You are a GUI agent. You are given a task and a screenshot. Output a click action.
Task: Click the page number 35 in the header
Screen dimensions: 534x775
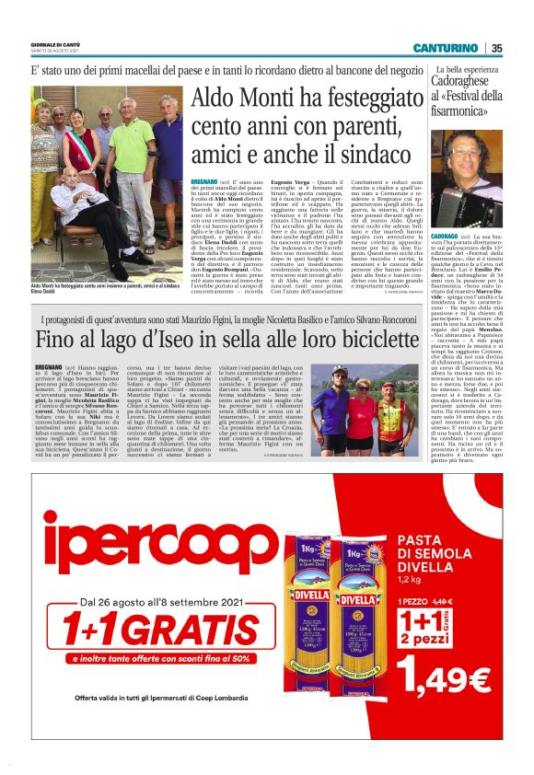pos(496,48)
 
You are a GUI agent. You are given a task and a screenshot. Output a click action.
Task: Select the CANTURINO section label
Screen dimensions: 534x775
pos(445,48)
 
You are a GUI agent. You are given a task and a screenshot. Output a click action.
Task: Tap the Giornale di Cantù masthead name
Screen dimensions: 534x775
pos(58,43)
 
